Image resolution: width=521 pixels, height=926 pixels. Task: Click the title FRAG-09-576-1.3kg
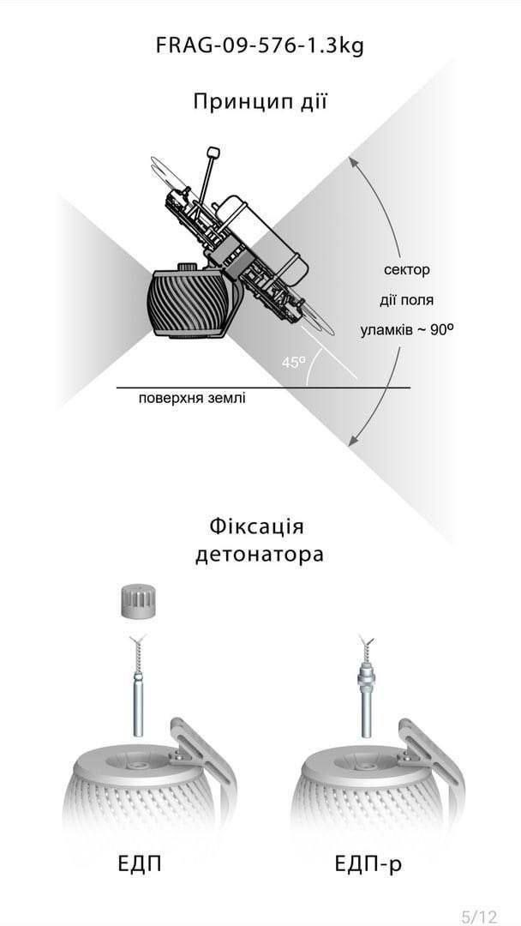[x=260, y=45]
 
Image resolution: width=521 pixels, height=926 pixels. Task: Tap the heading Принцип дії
[x=260, y=102]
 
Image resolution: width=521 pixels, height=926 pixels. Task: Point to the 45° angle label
[x=293, y=363]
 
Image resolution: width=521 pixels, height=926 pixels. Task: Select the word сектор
[x=406, y=270]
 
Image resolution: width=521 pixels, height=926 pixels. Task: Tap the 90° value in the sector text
[x=441, y=328]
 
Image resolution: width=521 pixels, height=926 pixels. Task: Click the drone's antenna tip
[x=213, y=153]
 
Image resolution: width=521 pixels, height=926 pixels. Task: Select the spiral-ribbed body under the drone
[x=189, y=304]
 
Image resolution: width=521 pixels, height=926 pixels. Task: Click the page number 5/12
[x=479, y=917]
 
